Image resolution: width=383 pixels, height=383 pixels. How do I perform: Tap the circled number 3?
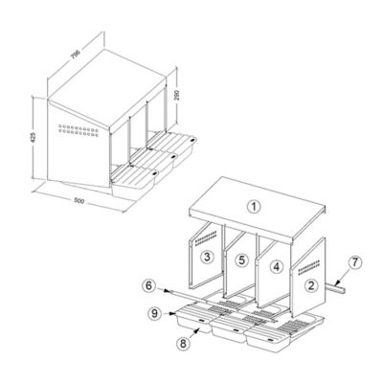coord(205,258)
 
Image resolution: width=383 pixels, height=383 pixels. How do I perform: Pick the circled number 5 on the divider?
coord(242,259)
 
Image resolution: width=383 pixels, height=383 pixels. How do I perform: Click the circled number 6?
coord(149,284)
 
